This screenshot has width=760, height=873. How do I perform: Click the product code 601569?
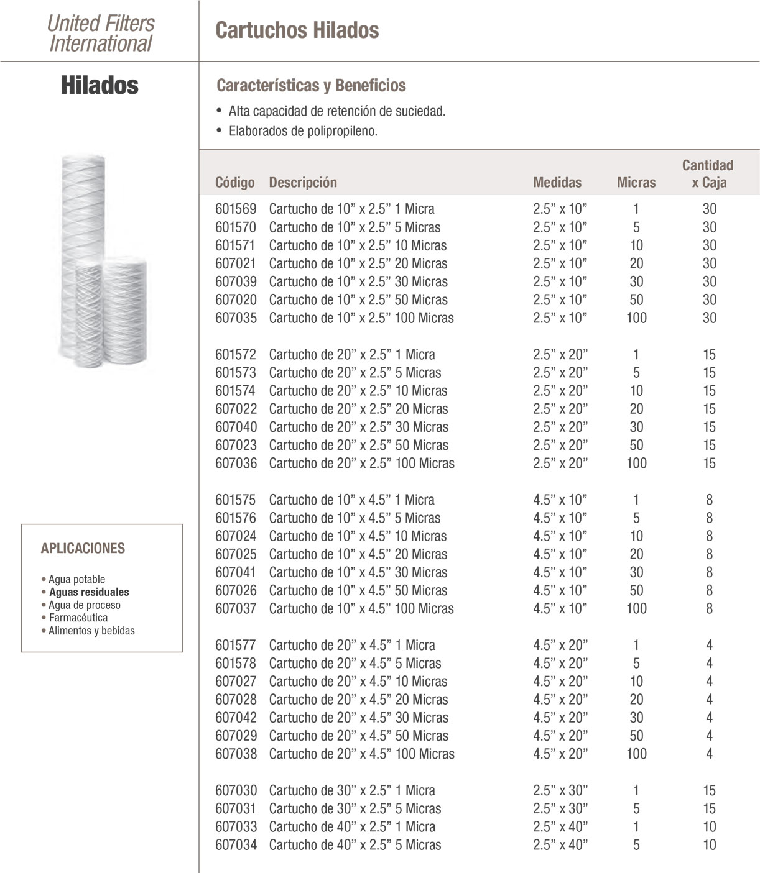236,209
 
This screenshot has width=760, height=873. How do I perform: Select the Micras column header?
636,182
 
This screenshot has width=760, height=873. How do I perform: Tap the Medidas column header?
557,182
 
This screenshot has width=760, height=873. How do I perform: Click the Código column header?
234,182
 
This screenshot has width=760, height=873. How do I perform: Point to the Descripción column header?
303,182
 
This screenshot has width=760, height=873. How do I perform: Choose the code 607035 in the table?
236,318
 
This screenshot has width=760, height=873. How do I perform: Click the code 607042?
236,717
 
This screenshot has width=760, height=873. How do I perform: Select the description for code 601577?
352,645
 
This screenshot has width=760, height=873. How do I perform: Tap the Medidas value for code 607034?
560,844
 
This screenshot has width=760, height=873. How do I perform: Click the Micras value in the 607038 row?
636,754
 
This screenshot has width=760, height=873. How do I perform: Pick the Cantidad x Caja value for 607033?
709,826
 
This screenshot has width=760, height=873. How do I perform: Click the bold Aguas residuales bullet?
89,592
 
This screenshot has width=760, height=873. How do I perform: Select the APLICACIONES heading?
83,548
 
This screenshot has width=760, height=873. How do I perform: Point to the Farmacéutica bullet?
78,618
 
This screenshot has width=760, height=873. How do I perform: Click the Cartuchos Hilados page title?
297,30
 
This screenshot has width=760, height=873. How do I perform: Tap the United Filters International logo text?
101,33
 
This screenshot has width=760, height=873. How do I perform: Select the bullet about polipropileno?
303,131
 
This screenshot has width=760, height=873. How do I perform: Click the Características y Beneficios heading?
311,85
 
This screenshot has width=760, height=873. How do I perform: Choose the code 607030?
236,790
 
